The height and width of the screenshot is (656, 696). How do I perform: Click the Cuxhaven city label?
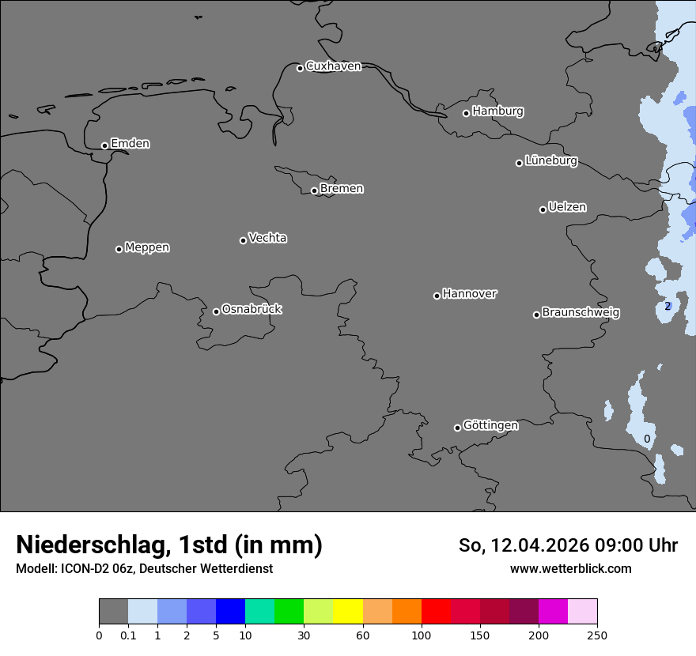click(333, 66)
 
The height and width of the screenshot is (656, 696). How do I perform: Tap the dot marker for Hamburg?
click(466, 113)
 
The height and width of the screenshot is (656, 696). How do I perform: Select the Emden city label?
click(130, 144)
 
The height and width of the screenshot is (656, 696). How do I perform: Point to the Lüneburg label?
click(550, 160)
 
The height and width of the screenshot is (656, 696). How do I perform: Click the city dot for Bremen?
click(314, 190)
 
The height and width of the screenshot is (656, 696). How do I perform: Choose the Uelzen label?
click(567, 207)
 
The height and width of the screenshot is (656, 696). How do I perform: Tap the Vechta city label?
click(267, 238)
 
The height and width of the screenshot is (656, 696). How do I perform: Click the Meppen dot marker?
click(119, 249)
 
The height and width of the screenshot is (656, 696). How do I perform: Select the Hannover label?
click(469, 294)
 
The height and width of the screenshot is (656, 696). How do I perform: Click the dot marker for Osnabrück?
click(216, 311)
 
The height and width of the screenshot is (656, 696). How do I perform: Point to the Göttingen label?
click(490, 425)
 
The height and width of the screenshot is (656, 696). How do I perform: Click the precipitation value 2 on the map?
click(668, 306)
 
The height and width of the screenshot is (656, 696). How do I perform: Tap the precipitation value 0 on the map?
click(647, 439)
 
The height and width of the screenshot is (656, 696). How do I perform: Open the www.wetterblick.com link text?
click(570, 568)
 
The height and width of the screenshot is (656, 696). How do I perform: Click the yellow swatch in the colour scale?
click(348, 612)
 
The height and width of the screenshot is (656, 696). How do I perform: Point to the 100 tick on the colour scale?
click(422, 635)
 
